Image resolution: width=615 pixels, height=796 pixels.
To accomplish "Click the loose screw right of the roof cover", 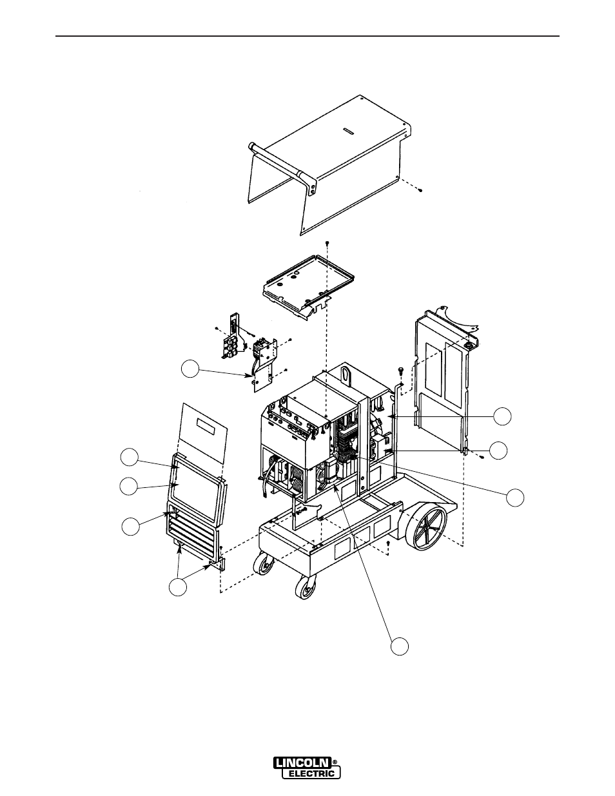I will tap(418, 189).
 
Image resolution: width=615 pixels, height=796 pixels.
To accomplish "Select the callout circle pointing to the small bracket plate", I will tap(189, 369).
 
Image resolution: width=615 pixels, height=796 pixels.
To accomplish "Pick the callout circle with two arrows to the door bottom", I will tap(177, 587).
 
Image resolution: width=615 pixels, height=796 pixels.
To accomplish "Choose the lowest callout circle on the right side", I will tap(513, 497).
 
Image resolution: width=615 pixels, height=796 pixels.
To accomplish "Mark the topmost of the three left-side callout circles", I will tap(130, 457).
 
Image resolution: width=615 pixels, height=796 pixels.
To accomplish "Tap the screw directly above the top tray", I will tap(327, 242).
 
